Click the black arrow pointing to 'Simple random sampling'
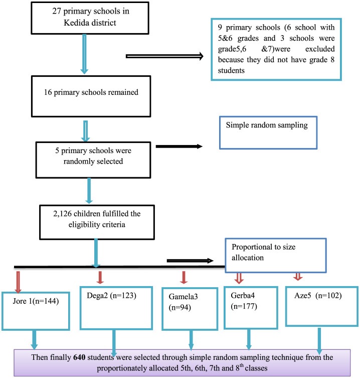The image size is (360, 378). click(181, 147)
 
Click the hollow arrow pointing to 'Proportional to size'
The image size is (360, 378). click(191, 261)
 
